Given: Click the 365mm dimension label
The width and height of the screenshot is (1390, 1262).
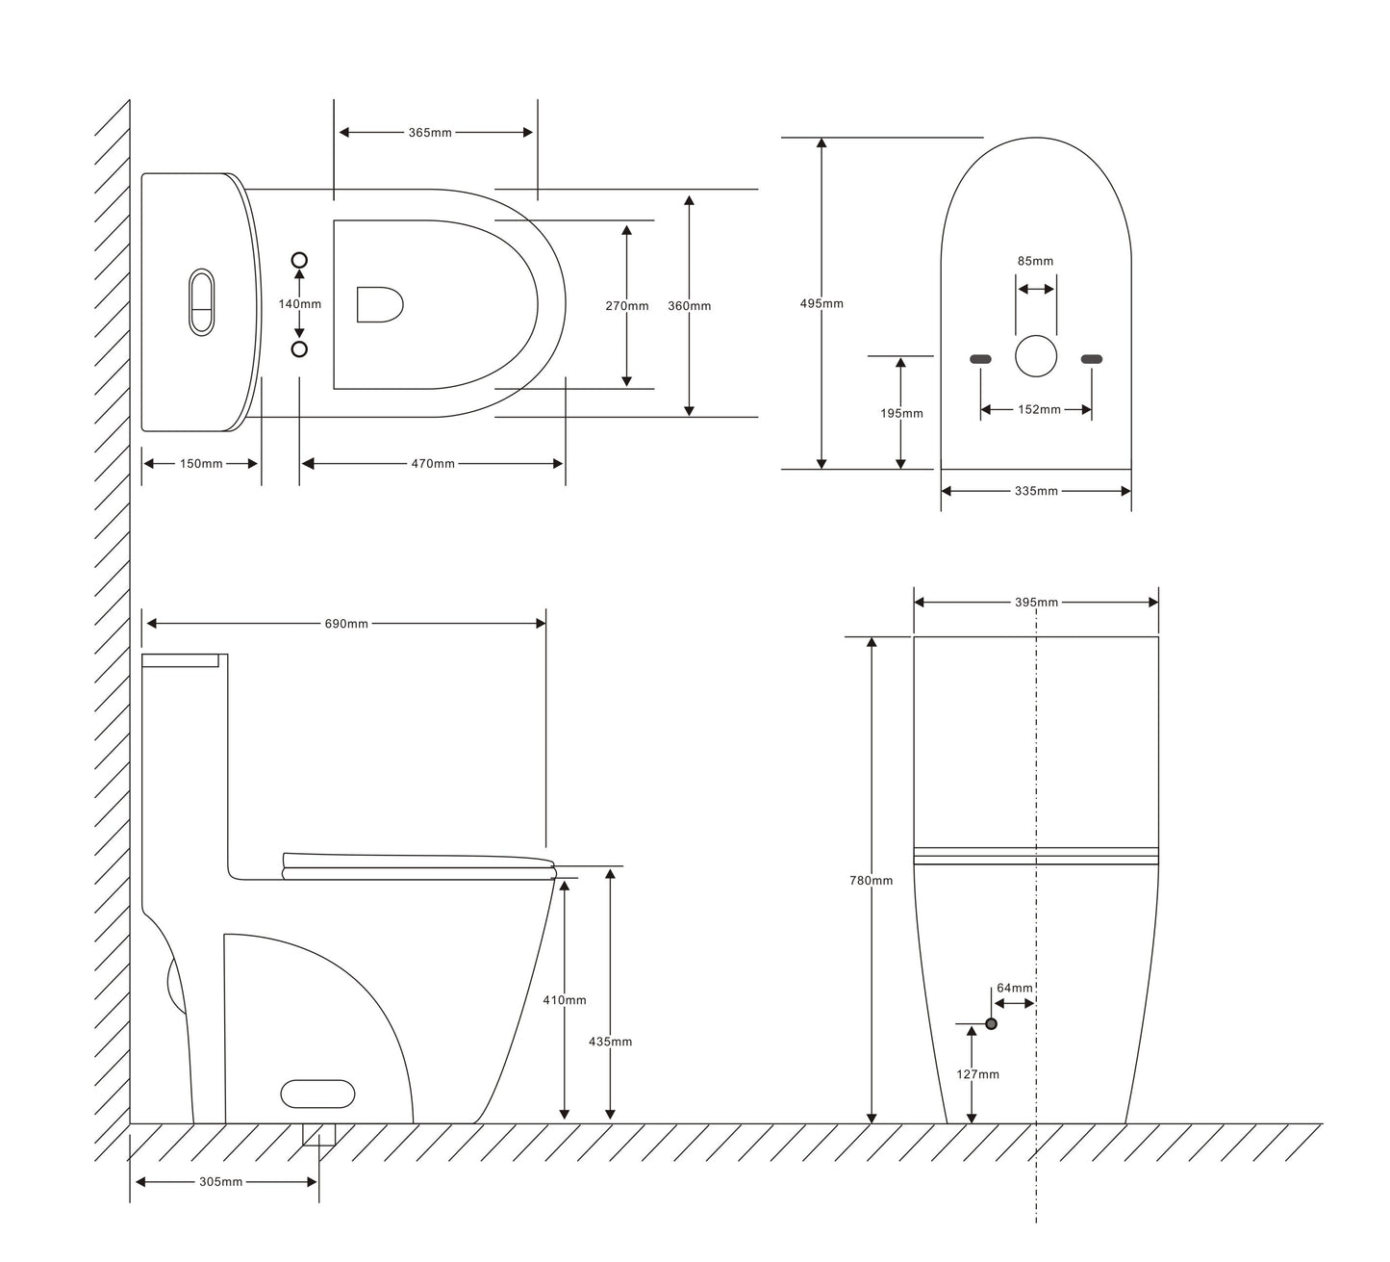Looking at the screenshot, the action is [x=430, y=133].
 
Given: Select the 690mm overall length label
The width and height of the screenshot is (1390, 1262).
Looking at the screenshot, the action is [x=346, y=624].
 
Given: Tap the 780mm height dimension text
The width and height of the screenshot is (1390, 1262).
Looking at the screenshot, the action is [x=871, y=881].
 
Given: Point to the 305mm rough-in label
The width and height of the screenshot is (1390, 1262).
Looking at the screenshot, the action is [x=220, y=1181].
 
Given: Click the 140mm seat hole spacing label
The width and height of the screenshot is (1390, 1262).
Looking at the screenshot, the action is [x=299, y=304].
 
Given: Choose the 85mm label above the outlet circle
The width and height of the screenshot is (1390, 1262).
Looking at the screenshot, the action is [x=1035, y=261].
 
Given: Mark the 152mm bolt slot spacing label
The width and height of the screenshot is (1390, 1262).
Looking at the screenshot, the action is [x=1039, y=409].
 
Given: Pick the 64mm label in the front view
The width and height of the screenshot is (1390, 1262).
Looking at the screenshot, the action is [x=1015, y=988].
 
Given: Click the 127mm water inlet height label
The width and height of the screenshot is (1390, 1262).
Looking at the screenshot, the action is [x=977, y=1074].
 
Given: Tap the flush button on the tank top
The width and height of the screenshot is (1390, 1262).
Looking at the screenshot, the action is [x=202, y=302].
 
